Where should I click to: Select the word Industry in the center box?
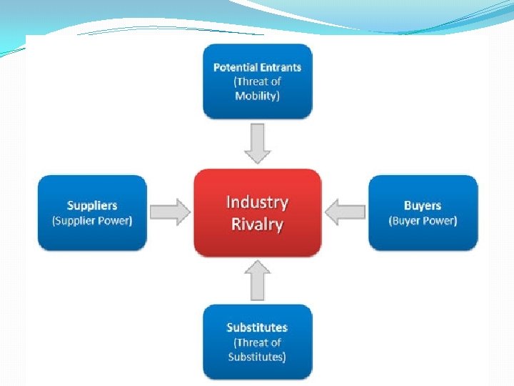pyautogui.click(x=257, y=202)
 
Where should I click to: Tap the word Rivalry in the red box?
pyautogui.click(x=257, y=224)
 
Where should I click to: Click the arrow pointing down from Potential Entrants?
pyautogui.click(x=257, y=143)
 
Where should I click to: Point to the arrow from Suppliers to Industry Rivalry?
pyautogui.click(x=171, y=212)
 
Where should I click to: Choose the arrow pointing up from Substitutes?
pyautogui.click(x=257, y=279)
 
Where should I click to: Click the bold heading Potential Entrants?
pyautogui.click(x=257, y=68)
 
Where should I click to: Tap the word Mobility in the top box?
pyautogui.click(x=257, y=95)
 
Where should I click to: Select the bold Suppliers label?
pyautogui.click(x=92, y=206)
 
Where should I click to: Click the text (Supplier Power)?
pyautogui.click(x=92, y=220)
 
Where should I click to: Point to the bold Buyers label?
pyautogui.click(x=423, y=206)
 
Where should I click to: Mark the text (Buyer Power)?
pyautogui.click(x=423, y=220)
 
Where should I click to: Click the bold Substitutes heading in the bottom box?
pyautogui.click(x=257, y=327)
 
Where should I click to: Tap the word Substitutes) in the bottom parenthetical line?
pyautogui.click(x=257, y=356)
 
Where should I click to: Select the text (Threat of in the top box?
pyautogui.click(x=257, y=81)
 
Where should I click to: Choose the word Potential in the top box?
pyautogui.click(x=236, y=68)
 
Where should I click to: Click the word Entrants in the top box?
pyautogui.click(x=281, y=68)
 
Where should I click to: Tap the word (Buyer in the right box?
pyautogui.click(x=406, y=220)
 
